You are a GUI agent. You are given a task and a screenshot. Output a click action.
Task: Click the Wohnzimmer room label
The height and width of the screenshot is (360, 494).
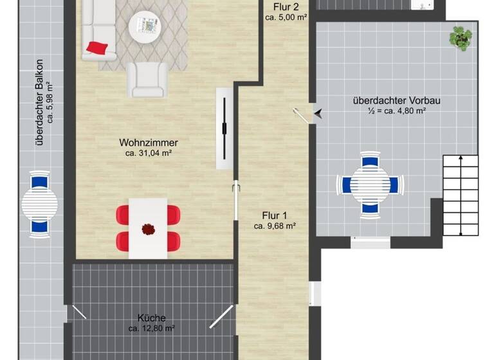[x=148, y=143]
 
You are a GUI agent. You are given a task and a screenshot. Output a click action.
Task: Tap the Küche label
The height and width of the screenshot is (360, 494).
[x=152, y=318]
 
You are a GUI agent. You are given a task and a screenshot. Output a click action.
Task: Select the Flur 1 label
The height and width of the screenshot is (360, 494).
[x=275, y=215]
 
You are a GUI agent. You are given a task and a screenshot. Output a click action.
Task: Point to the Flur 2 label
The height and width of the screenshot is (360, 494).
[x=286, y=7]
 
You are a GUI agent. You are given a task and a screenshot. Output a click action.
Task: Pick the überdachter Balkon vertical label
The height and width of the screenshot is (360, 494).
[x=39, y=103]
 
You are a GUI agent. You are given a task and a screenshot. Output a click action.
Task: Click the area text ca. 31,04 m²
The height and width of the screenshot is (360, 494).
[x=148, y=153]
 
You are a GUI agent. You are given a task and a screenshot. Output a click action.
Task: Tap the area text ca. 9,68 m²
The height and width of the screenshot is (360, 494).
[x=275, y=226]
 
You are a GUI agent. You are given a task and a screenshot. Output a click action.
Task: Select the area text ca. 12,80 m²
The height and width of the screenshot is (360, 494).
[x=152, y=328]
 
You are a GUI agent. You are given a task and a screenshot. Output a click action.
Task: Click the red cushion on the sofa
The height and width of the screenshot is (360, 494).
[x=97, y=47]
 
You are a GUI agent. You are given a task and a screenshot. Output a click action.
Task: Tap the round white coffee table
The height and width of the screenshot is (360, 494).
[x=147, y=28]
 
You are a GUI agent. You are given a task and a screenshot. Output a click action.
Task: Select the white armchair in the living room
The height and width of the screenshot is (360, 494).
[x=148, y=78]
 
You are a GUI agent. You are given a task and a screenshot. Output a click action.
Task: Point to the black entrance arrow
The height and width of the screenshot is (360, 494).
[x=318, y=114]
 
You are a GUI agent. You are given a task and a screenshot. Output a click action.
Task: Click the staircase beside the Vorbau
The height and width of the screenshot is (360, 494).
[x=461, y=194]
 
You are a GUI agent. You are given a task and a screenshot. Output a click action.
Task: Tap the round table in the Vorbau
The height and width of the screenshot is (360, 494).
[x=369, y=185]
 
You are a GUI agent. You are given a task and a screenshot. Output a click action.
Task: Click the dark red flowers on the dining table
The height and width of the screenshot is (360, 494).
[x=149, y=228]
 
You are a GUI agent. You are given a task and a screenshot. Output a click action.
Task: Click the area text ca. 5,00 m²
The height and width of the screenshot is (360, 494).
[x=286, y=17]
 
